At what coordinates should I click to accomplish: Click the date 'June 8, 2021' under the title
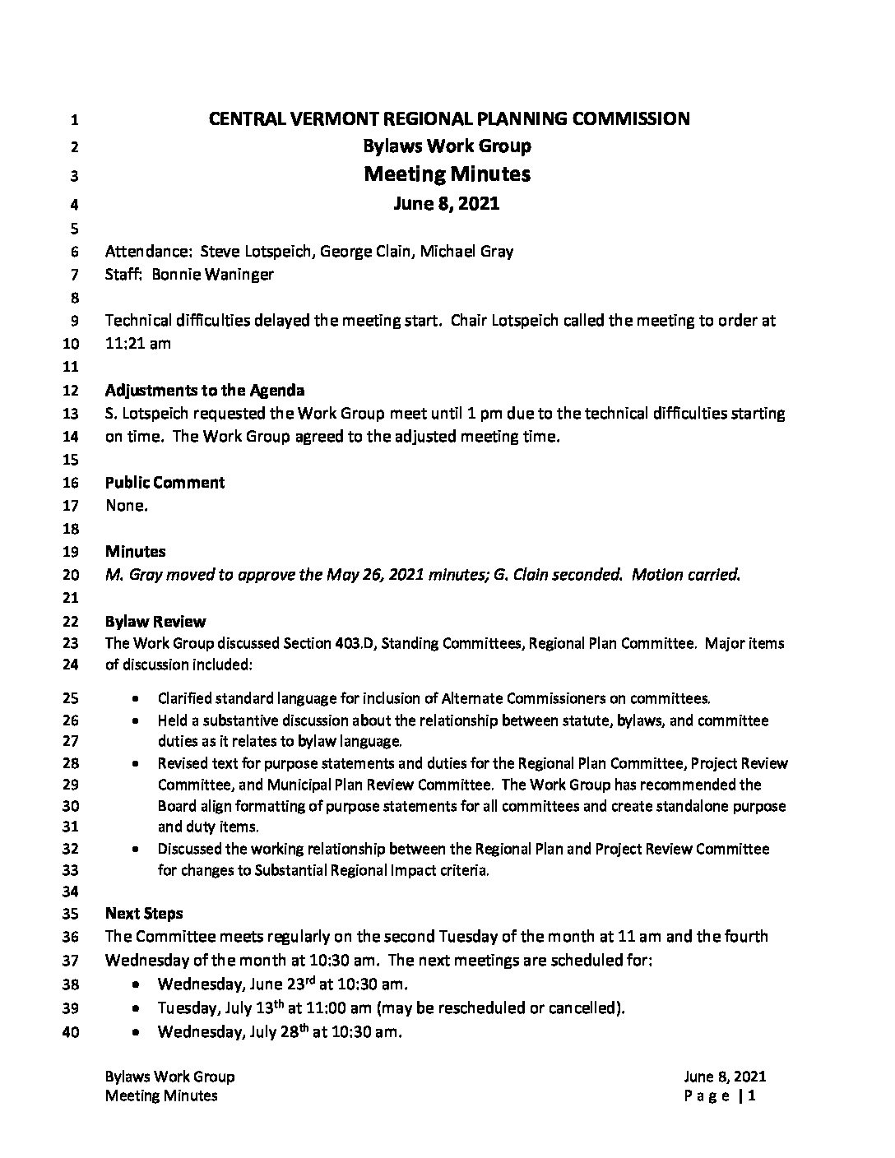point(447,203)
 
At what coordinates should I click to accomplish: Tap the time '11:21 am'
point(138,343)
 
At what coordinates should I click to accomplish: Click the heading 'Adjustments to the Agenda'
point(205,390)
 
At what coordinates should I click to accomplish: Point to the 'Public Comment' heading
point(165,482)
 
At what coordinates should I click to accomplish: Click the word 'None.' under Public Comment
point(127,506)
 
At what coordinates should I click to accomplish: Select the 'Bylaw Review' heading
point(155,621)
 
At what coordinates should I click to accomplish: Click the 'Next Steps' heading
point(144,913)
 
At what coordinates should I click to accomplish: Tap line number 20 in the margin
point(72,576)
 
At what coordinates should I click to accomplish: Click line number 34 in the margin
point(72,892)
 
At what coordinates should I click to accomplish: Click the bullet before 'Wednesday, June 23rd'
point(136,984)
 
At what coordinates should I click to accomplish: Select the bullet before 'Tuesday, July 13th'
point(136,1008)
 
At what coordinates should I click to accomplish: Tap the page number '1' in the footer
point(752,1095)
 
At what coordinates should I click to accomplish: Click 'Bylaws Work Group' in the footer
point(170,1077)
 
